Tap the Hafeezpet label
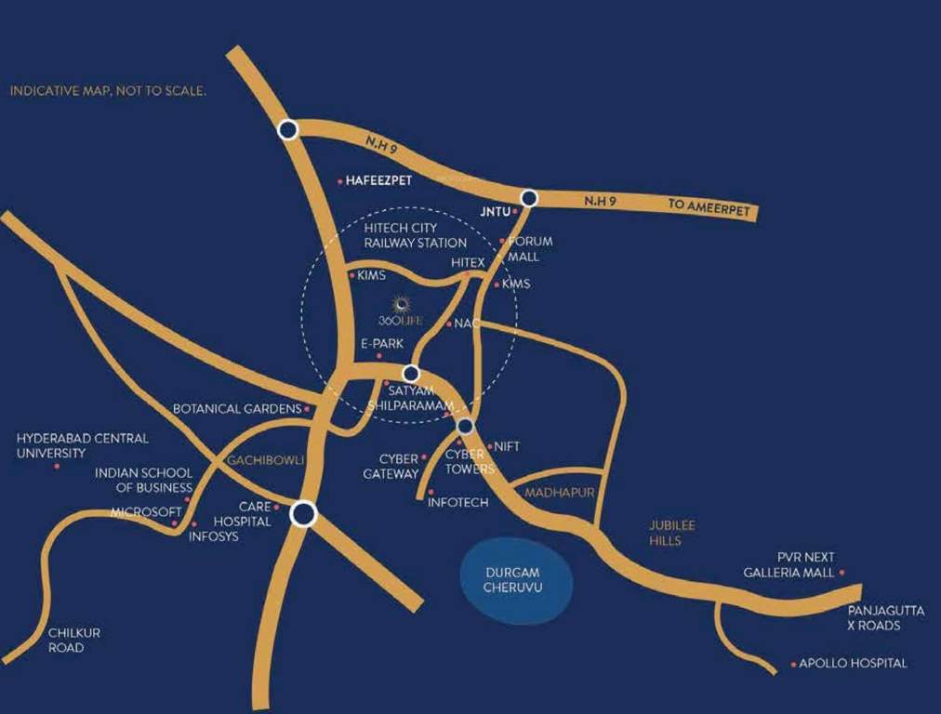tap(378, 181)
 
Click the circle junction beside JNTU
tap(529, 198)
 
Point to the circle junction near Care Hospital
tap(303, 514)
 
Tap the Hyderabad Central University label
tap(82, 445)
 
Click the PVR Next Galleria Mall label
tap(789, 565)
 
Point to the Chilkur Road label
tap(73, 640)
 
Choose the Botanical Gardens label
tap(236, 409)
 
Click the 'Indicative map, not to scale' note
tap(108, 91)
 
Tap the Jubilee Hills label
tap(671, 533)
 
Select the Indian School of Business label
tap(143, 480)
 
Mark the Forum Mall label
tap(529, 248)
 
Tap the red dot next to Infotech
tap(431, 492)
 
